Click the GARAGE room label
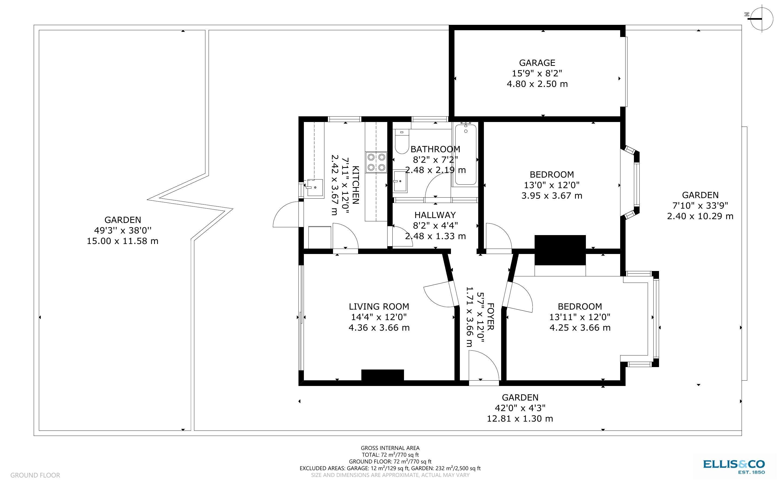[x=537, y=63]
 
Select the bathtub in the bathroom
[x=466, y=155]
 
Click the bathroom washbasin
[x=400, y=181]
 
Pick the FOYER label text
[x=490, y=316]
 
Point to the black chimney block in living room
[x=382, y=375]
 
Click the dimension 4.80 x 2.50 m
[x=537, y=84]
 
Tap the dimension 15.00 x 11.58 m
[x=123, y=241]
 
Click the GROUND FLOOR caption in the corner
[x=35, y=475]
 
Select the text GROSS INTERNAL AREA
[x=390, y=448]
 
